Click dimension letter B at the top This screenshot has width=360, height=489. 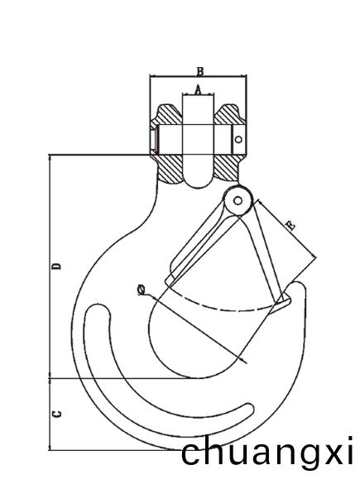point(200,71)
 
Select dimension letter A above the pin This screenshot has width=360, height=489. point(198,90)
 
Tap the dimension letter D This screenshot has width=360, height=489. point(57,266)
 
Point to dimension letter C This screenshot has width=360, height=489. point(57,415)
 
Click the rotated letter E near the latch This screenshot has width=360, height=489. point(290,226)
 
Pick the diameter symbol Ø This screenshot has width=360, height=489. point(142,290)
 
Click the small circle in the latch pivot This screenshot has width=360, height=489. point(238,201)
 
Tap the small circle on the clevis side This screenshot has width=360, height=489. point(238,139)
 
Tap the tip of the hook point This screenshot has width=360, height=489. point(298,282)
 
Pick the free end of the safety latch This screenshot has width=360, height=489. point(283,301)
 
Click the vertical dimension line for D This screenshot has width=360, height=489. point(50,266)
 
